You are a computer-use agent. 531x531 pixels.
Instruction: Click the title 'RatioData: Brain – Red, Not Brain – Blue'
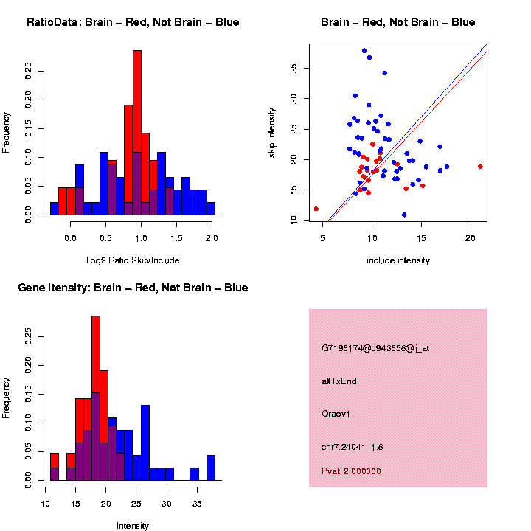(133, 22)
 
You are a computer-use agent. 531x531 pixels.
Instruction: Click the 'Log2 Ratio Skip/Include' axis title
(132, 260)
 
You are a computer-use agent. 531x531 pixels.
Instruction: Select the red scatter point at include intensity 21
(480, 167)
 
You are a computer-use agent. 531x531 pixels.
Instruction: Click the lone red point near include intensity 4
(316, 209)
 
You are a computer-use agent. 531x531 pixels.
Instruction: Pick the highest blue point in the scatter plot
(364, 51)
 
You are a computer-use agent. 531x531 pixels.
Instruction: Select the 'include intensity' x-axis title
(398, 260)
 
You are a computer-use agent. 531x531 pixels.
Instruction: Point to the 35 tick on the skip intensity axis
(293, 68)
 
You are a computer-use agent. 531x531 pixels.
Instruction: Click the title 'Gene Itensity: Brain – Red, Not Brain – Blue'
(133, 288)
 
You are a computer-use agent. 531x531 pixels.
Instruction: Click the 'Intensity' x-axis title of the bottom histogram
(133, 526)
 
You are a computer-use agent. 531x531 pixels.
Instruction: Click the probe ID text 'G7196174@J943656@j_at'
(375, 348)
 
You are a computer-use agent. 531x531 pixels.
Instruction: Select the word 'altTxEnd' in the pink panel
(339, 381)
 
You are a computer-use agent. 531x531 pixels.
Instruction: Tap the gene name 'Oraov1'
(336, 414)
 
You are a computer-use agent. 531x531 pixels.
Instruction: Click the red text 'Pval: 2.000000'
(351, 471)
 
